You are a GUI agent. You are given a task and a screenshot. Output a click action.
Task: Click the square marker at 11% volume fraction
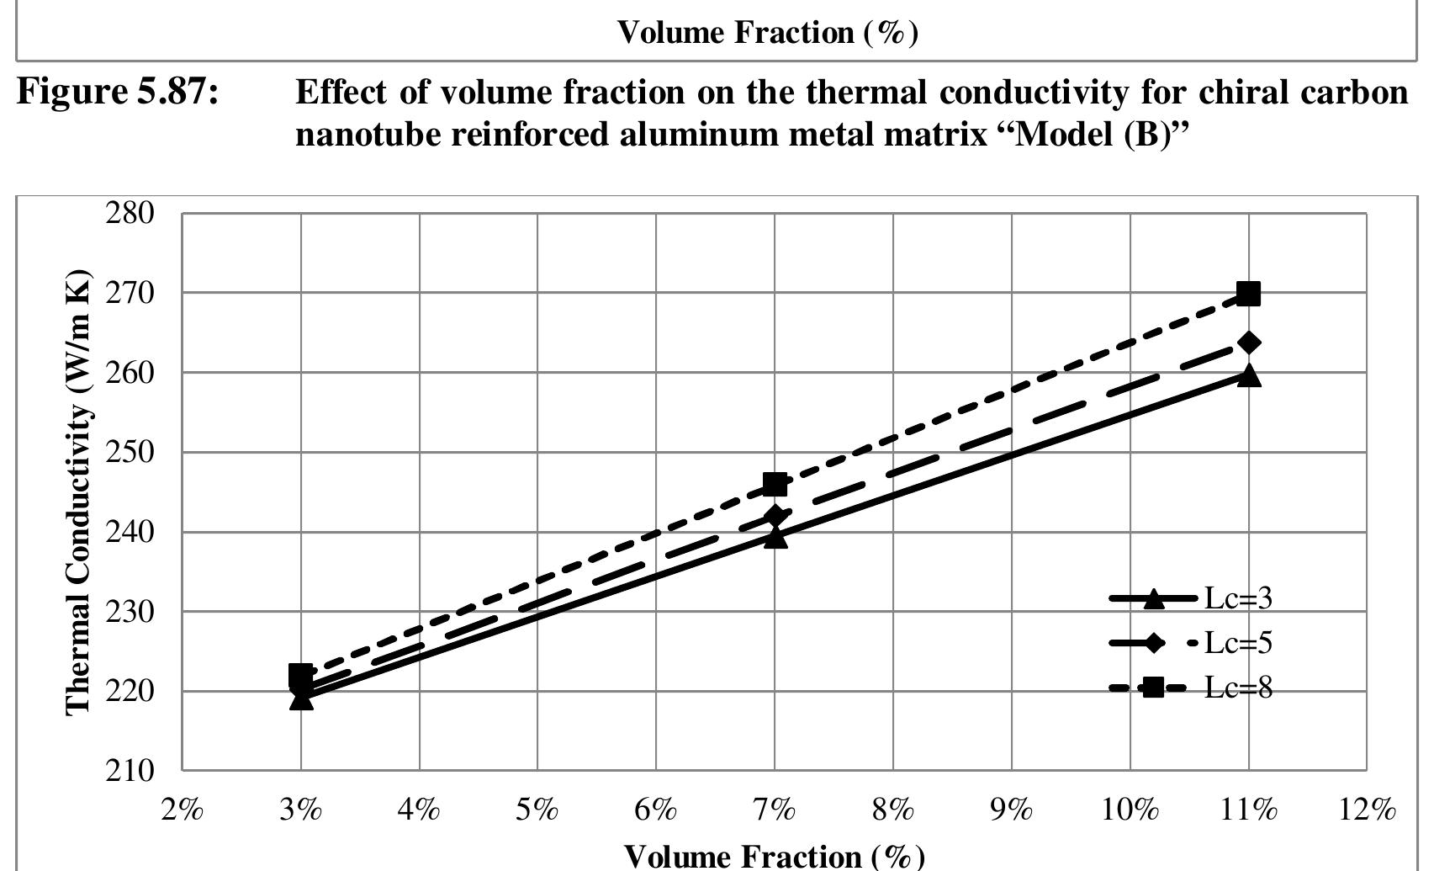[x=1249, y=295]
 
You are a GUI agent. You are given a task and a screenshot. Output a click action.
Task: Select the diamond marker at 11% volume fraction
[x=1249, y=343]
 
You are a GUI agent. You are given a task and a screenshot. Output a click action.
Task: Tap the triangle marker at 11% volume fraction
[x=1249, y=375]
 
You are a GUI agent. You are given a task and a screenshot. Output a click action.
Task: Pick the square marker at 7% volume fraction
[x=775, y=485]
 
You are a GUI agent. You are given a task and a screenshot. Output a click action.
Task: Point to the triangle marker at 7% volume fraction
[x=775, y=537]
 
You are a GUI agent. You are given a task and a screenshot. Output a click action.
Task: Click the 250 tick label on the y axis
[x=130, y=452]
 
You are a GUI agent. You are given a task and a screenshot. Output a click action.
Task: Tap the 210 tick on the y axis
[x=130, y=771]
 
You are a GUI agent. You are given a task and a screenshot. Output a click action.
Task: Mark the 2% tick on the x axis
[x=183, y=810]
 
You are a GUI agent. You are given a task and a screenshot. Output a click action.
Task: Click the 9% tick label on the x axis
[x=1012, y=810]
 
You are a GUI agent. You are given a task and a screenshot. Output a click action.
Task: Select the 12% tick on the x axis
[x=1368, y=810]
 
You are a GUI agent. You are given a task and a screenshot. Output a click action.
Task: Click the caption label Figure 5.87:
[x=118, y=91]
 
